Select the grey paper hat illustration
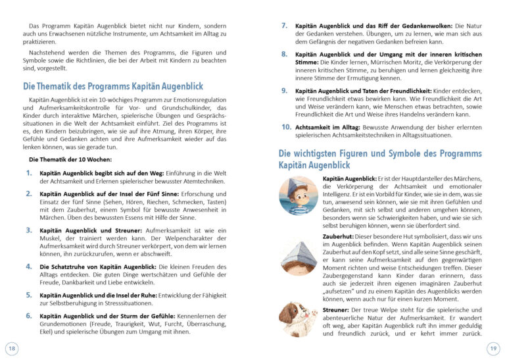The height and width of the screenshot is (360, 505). pyautogui.click(x=298, y=254)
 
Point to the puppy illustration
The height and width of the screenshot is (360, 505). pyautogui.click(x=298, y=319)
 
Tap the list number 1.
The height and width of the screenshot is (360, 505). pyautogui.click(x=29, y=172)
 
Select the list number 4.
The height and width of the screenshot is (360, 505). pyautogui.click(x=29, y=266)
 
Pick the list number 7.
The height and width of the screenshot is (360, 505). pyautogui.click(x=284, y=25)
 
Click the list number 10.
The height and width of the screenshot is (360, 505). pyautogui.click(x=286, y=126)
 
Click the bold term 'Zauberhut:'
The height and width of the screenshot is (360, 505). pyautogui.click(x=339, y=236)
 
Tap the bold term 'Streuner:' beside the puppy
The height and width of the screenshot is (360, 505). pyautogui.click(x=337, y=309)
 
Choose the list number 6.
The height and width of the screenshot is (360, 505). pyautogui.click(x=29, y=316)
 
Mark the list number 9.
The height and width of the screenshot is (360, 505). pyautogui.click(x=284, y=90)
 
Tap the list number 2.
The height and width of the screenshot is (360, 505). pyautogui.click(x=29, y=193)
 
